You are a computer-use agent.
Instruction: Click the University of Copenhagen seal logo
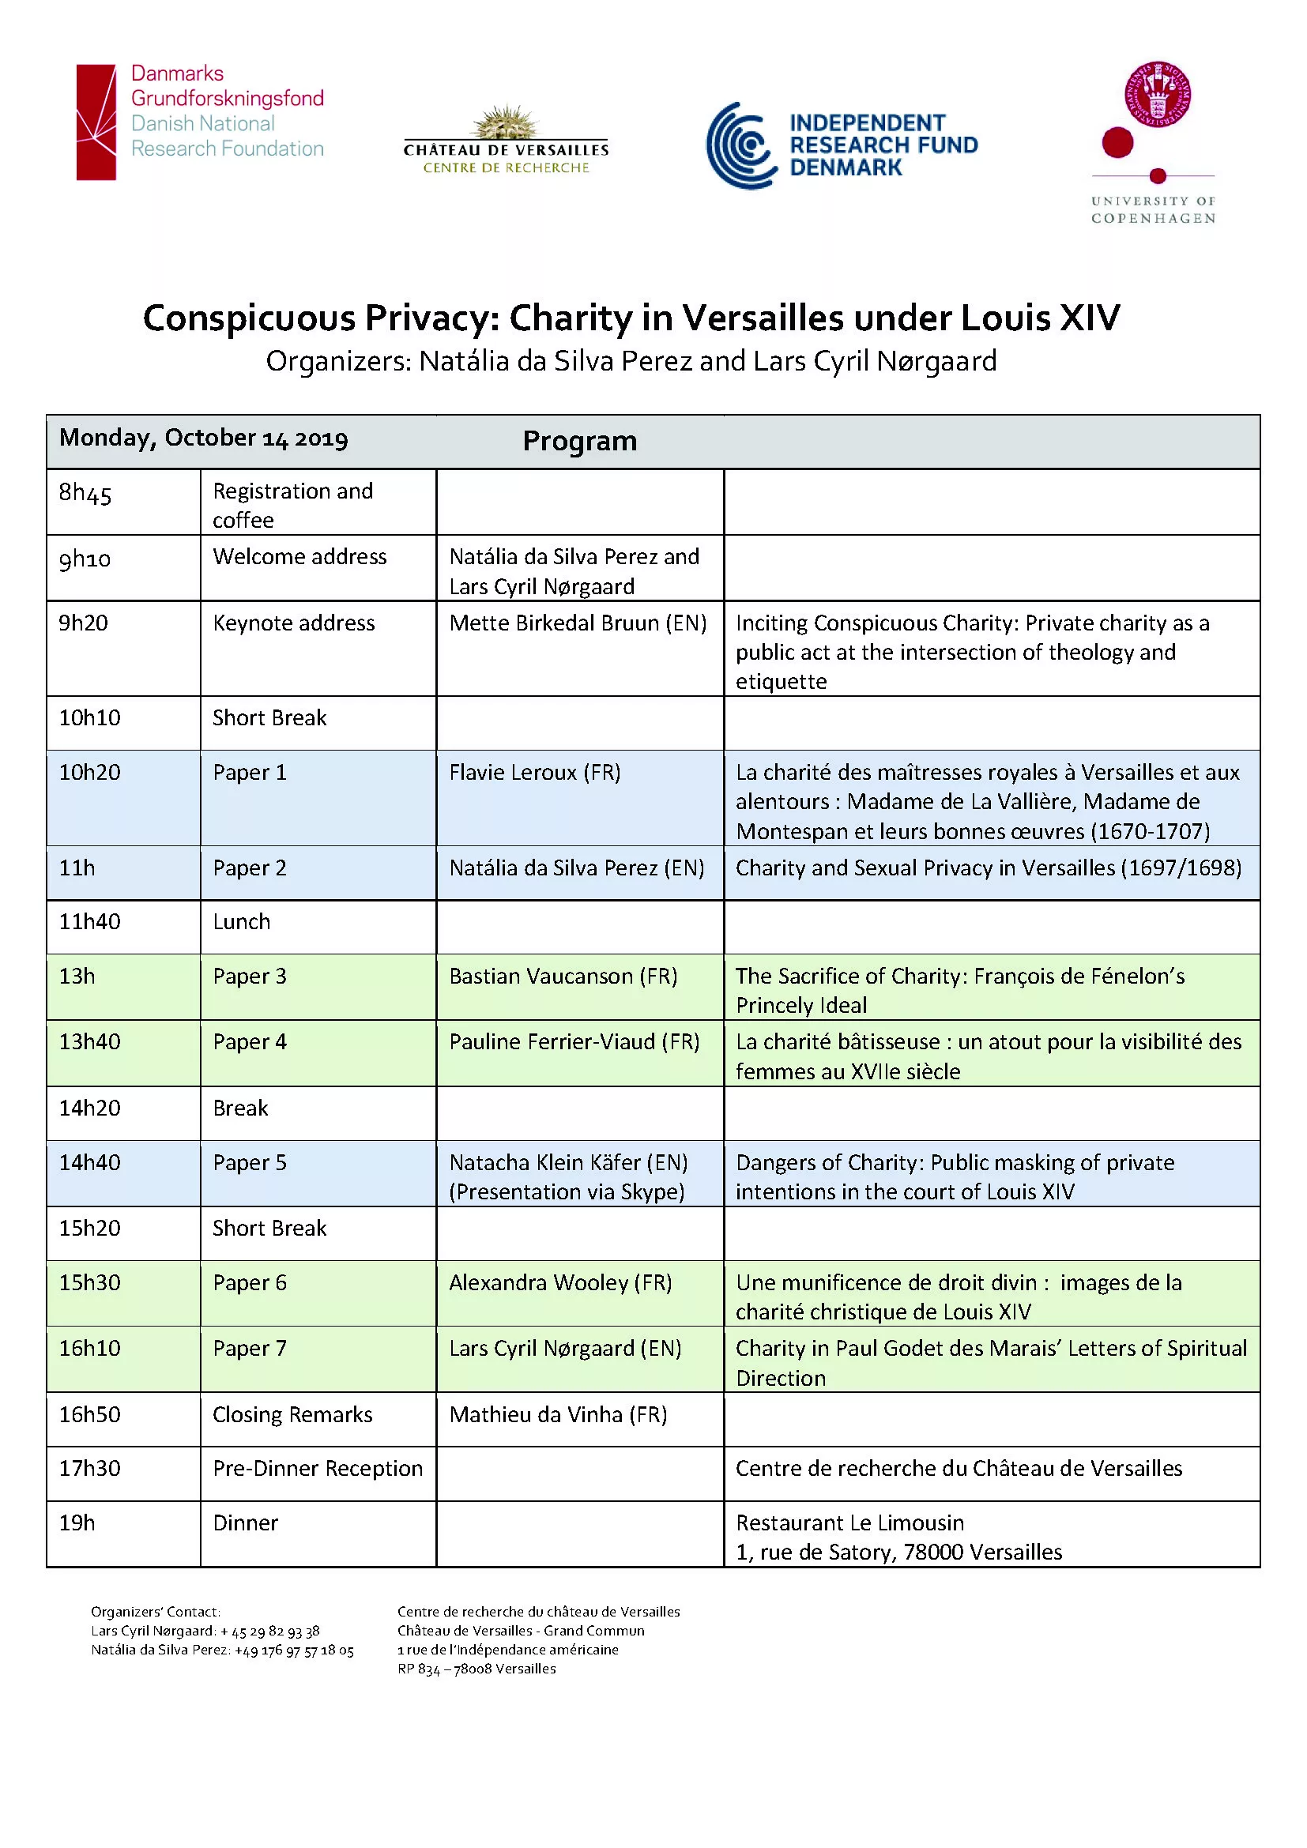1158,94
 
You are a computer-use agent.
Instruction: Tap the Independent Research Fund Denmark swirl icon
741,145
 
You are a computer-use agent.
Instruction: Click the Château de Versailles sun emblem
506,122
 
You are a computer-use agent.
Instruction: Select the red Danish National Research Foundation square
96,122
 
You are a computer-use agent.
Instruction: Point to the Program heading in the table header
579,441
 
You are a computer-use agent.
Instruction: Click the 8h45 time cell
85,492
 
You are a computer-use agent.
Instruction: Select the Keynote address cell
294,623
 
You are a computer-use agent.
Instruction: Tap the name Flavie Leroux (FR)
534,773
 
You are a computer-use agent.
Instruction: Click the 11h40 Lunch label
242,921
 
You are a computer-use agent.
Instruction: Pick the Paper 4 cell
250,1041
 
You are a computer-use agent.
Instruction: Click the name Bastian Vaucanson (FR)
563,977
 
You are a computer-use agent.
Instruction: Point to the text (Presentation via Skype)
567,1192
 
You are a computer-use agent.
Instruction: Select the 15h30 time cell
89,1282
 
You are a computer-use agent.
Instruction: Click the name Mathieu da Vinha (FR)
559,1414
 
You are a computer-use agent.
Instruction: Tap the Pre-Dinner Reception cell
318,1468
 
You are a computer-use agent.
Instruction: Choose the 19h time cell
77,1522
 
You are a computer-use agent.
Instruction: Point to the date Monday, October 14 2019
204,438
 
